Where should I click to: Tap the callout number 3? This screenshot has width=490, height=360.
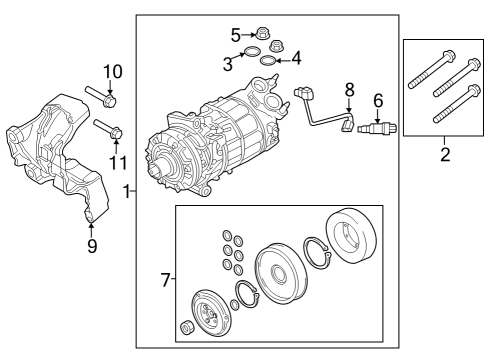pyautogui.click(x=228, y=65)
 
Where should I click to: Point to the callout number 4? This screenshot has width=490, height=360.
pyautogui.click(x=295, y=58)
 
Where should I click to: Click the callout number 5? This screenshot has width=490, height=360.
pyautogui.click(x=236, y=35)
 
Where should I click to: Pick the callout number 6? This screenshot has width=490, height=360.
pyautogui.click(x=378, y=100)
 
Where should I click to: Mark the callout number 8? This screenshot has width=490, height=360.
pyautogui.click(x=348, y=89)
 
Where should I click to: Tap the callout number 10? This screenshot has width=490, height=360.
pyautogui.click(x=111, y=71)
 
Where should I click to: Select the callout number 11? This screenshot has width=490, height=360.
pyautogui.click(x=118, y=161)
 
